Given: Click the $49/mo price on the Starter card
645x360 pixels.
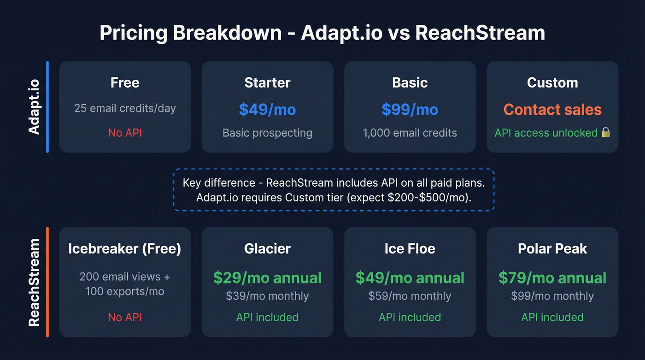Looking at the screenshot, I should point(267,109).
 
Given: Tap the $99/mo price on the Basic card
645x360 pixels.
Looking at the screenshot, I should point(410,109).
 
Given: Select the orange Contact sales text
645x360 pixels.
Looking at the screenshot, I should point(552,109).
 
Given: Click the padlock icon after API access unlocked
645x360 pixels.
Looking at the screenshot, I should point(606,133).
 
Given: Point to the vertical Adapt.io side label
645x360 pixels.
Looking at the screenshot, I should point(34,107).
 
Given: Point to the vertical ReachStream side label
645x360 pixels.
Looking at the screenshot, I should point(34,282).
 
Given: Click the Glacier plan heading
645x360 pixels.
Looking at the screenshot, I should point(267,248).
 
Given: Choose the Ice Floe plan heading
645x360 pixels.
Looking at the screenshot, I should point(410,248).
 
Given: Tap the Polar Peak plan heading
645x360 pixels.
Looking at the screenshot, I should point(552,248).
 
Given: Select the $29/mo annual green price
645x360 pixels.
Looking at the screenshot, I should point(267,277).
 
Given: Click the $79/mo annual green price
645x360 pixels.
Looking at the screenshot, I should point(552,277).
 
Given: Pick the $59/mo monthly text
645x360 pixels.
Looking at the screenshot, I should point(410,296).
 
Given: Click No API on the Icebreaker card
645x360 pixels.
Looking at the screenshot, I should point(125,317).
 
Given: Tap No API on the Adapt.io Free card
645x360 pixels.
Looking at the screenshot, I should point(125,133).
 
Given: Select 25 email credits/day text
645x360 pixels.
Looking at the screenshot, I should point(125,108).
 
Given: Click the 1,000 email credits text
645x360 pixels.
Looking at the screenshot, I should point(410,133).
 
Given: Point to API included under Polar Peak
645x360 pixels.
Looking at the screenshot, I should point(552,317).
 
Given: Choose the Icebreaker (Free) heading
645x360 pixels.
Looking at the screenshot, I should point(125,248).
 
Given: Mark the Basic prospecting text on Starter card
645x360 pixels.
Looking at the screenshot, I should point(267,133).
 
